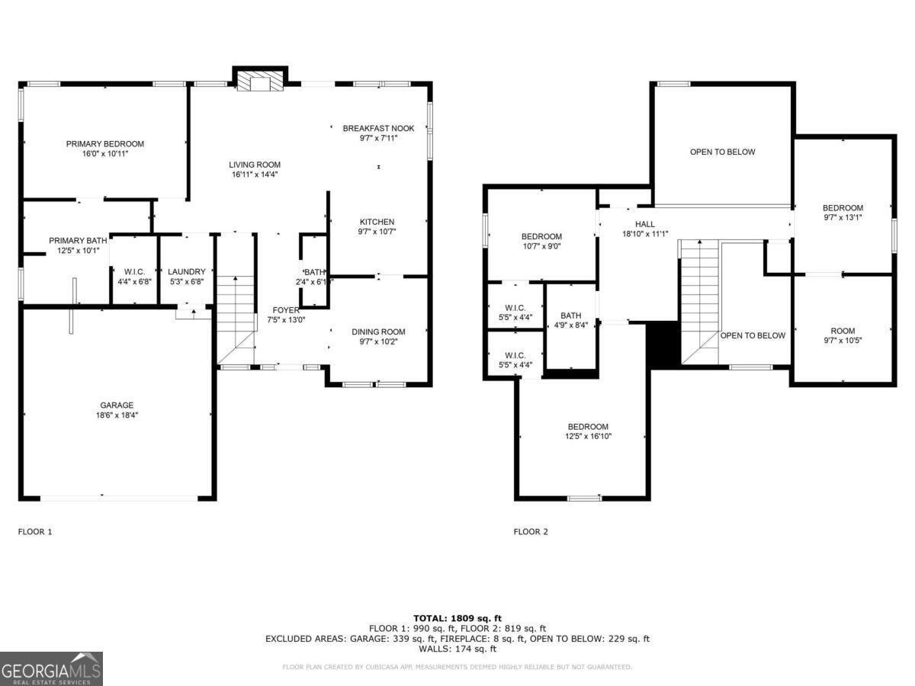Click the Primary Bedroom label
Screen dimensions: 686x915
(x=104, y=144)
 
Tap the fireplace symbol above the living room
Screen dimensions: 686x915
(x=260, y=80)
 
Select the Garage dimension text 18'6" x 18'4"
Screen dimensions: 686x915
(x=117, y=415)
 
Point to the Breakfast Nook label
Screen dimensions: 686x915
(x=378, y=129)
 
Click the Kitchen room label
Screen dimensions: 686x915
(x=377, y=222)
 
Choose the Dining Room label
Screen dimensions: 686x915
(x=378, y=332)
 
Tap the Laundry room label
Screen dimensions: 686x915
(x=187, y=271)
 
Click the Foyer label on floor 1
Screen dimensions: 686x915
(x=287, y=310)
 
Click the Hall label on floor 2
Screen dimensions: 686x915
(x=645, y=224)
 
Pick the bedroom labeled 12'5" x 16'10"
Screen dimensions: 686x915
(x=588, y=427)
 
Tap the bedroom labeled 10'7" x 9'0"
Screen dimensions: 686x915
(x=541, y=236)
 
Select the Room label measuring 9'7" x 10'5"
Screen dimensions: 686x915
(x=843, y=331)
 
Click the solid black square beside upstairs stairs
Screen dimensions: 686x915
(x=662, y=345)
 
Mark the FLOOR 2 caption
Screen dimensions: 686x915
(x=531, y=532)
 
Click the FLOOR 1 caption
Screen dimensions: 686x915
(x=35, y=532)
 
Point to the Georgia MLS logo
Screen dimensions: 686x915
(x=51, y=668)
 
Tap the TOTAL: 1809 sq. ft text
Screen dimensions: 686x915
(x=457, y=618)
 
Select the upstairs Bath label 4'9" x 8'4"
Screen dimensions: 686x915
(x=570, y=316)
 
